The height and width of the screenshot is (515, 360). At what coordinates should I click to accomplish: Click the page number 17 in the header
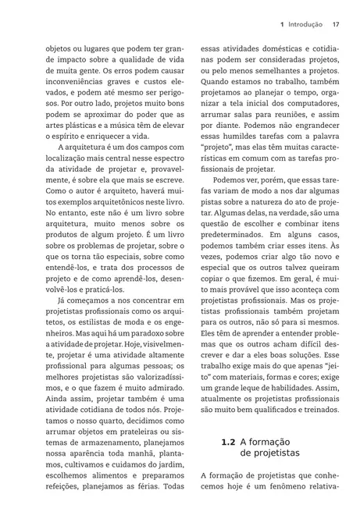point(334,24)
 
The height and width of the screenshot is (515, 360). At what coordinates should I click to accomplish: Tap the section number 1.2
point(227,441)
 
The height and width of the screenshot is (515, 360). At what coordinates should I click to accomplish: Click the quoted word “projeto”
point(222,145)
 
